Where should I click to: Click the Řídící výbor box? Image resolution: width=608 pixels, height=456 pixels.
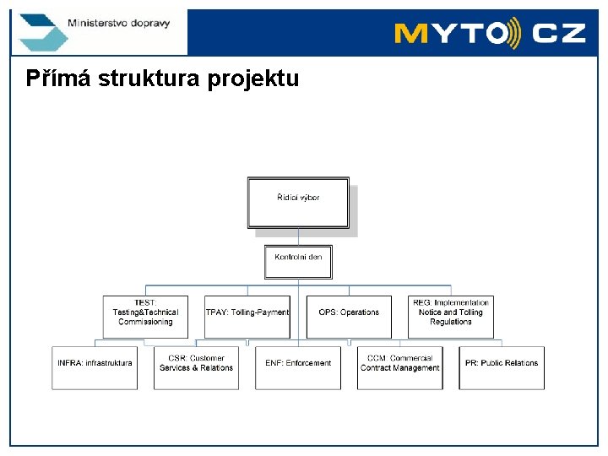pos(298,203)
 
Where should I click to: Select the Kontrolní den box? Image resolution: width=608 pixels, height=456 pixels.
pos(298,261)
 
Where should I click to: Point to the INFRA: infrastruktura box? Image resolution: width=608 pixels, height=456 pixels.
pos(95,367)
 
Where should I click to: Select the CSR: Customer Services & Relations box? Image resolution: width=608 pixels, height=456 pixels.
pos(196,367)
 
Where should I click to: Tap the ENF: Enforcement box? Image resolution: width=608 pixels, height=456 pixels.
pos(298,367)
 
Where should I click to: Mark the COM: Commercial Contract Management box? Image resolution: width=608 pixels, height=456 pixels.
pos(399,367)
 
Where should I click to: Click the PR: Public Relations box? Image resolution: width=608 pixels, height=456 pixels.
pos(502,367)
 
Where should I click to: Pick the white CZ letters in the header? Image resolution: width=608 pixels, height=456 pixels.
pos(560,34)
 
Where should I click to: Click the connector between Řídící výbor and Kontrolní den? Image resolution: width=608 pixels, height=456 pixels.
pos(298,236)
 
